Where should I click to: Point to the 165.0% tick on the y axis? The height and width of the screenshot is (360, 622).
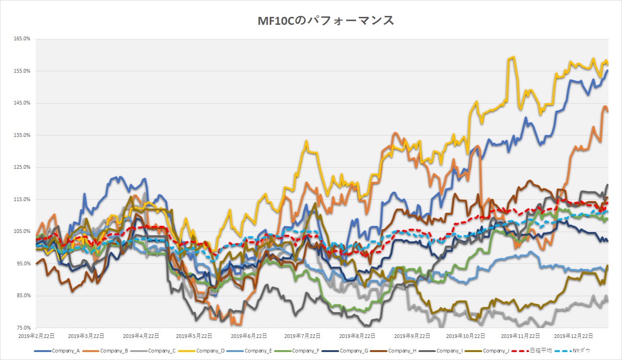tap(22, 39)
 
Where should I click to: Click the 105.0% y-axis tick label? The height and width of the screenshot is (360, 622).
tap(22, 232)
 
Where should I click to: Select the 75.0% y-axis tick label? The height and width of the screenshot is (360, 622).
tap(22, 328)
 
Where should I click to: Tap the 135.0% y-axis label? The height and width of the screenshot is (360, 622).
tap(22, 135)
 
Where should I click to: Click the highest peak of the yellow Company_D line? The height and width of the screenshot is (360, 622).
tap(514, 57)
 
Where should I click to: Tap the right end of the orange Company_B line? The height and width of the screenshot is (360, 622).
tap(608, 111)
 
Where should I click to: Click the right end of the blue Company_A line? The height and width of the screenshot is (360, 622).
tap(608, 71)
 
